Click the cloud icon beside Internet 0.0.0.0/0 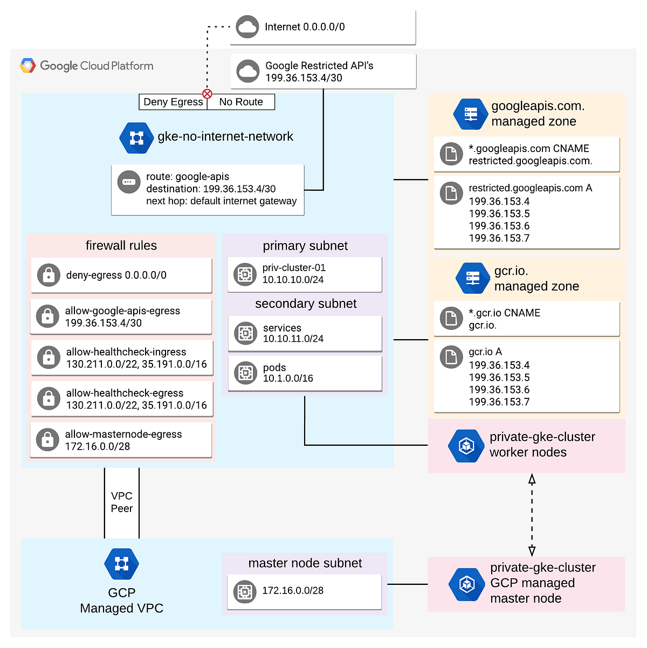click(247, 27)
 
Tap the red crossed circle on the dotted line click(207, 94)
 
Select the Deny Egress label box click(173, 102)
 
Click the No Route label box click(241, 102)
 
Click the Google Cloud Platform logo click(87, 66)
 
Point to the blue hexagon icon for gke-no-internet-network click(136, 138)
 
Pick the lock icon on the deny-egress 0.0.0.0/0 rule click(49, 275)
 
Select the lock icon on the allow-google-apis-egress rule click(47, 317)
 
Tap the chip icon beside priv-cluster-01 click(245, 274)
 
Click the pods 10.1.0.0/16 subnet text click(288, 373)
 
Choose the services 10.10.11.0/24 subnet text click(293, 333)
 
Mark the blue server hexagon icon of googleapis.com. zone click(471, 114)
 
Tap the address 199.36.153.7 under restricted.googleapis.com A click(499, 238)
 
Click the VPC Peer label click(122, 502)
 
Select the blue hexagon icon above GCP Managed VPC click(121, 564)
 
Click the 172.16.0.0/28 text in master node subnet click(293, 591)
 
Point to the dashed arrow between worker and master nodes click(532, 515)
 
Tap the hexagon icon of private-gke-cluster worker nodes click(466, 446)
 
